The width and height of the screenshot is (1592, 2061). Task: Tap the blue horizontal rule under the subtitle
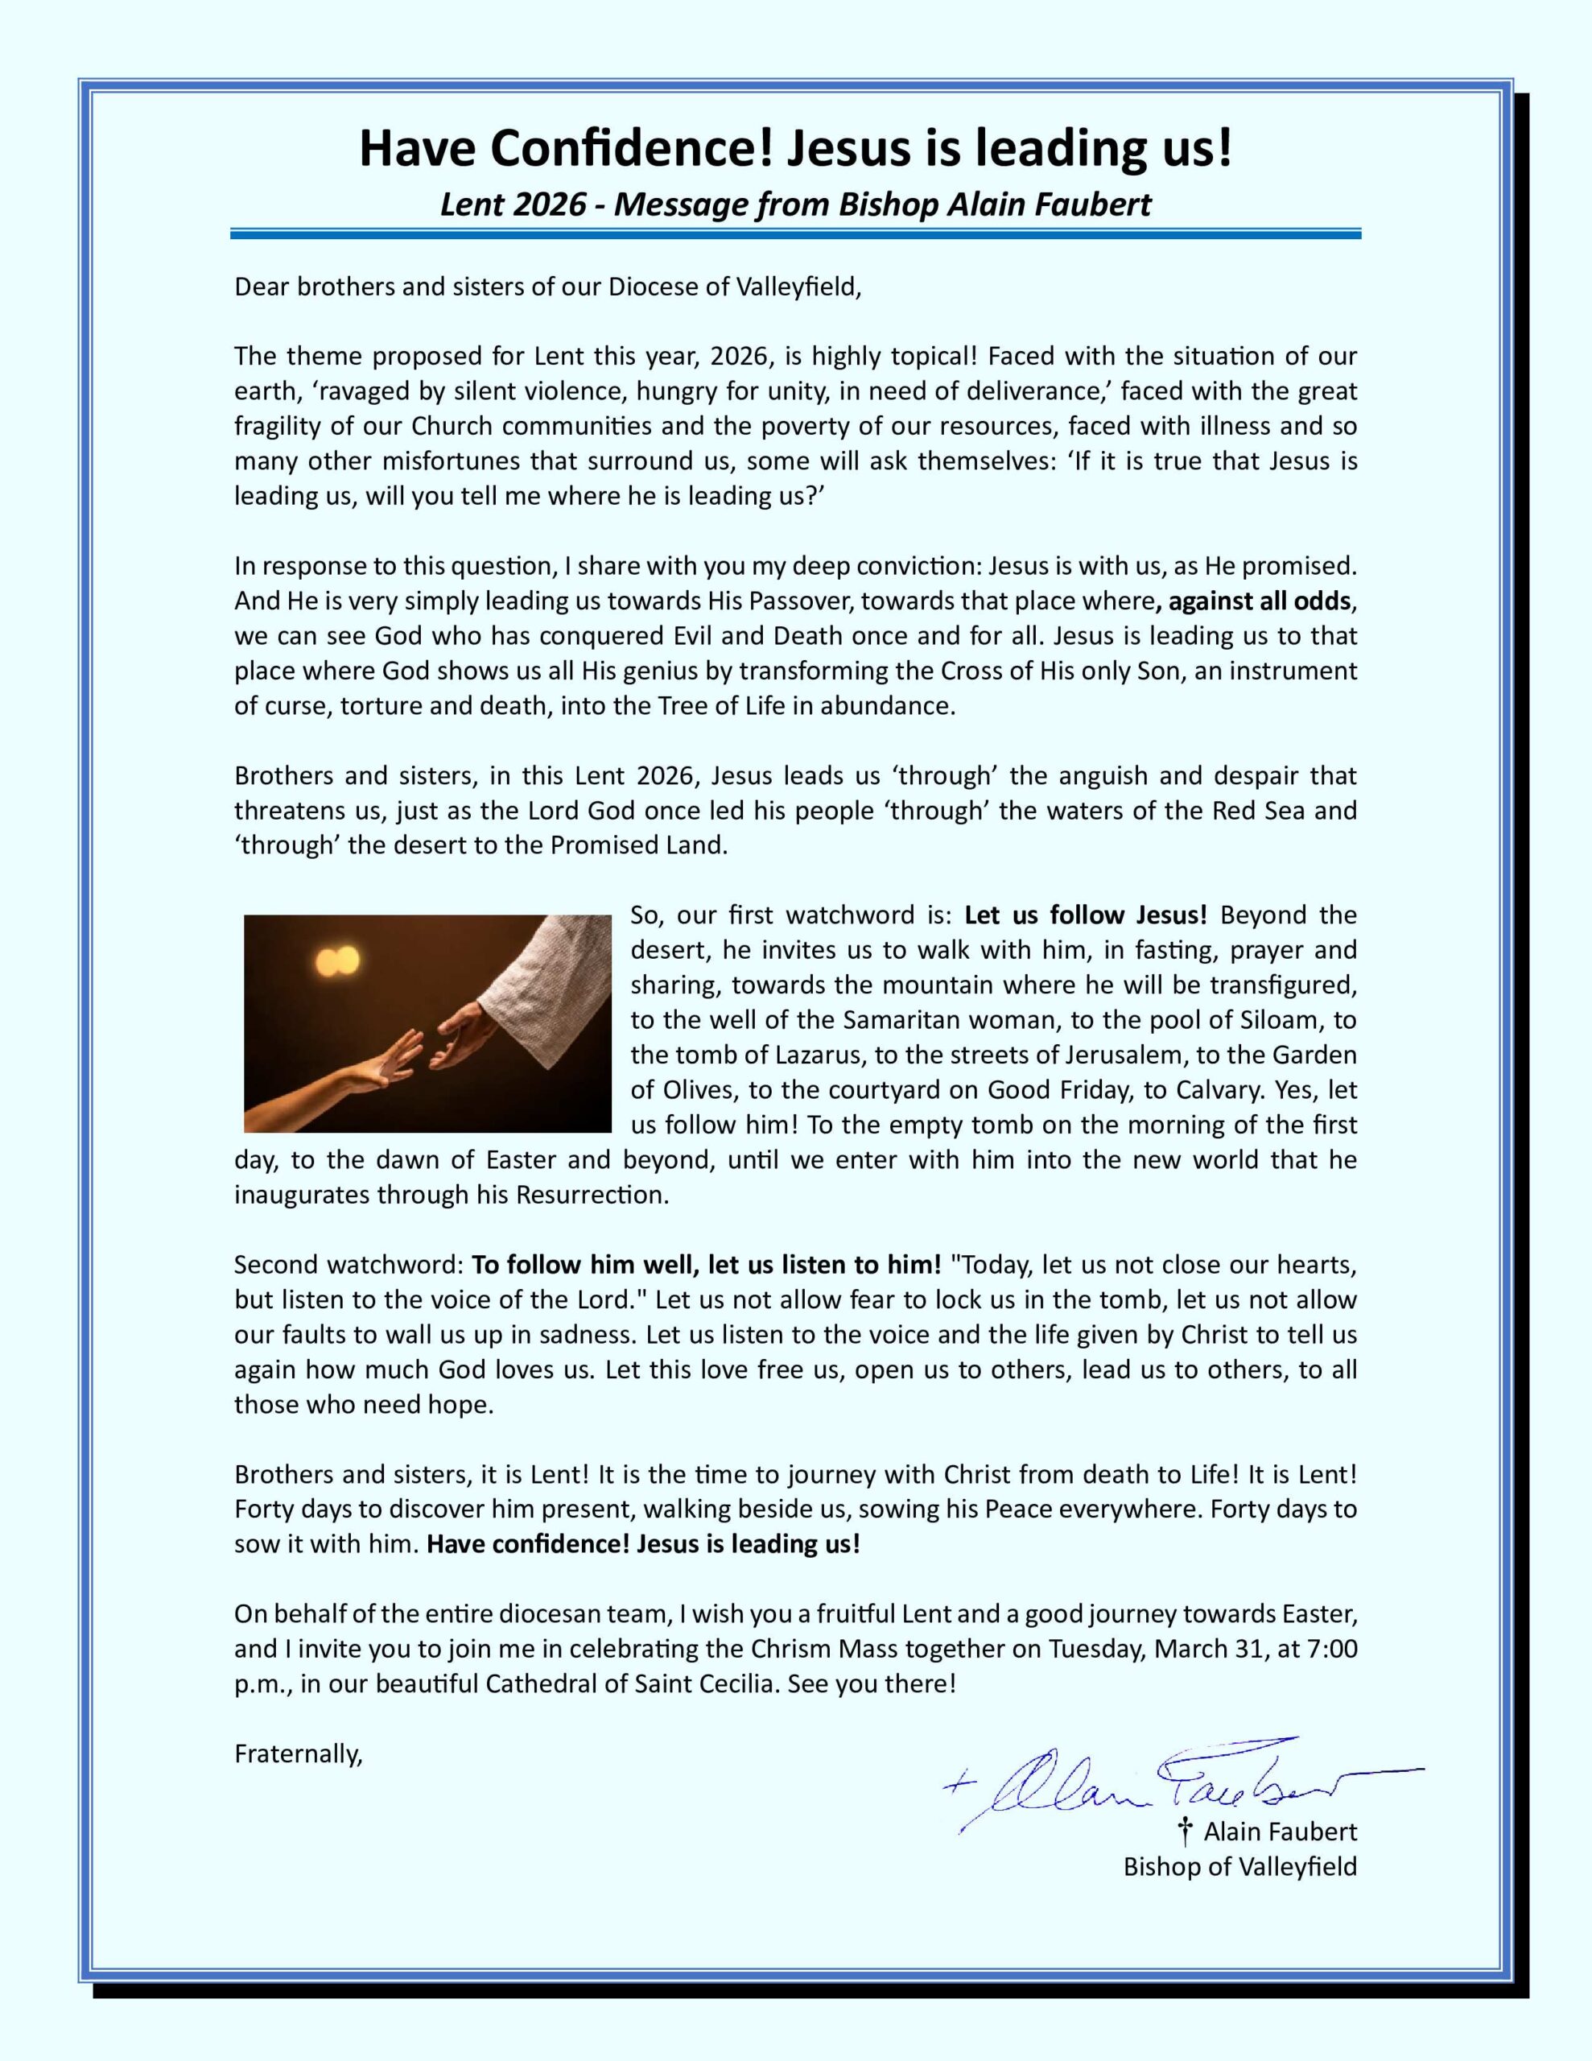tap(794, 233)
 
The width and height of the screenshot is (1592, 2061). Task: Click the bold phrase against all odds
tap(1259, 601)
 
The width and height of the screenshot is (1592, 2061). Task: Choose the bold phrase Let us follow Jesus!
tap(1085, 915)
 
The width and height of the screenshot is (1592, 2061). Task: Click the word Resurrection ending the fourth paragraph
tap(592, 1195)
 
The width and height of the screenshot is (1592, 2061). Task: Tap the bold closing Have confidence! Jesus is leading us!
tap(644, 1545)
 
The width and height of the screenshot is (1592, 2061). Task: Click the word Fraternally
tap(299, 1754)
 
